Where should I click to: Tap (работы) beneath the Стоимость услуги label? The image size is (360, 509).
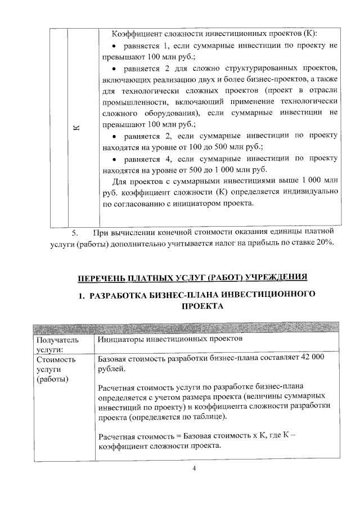52,379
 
